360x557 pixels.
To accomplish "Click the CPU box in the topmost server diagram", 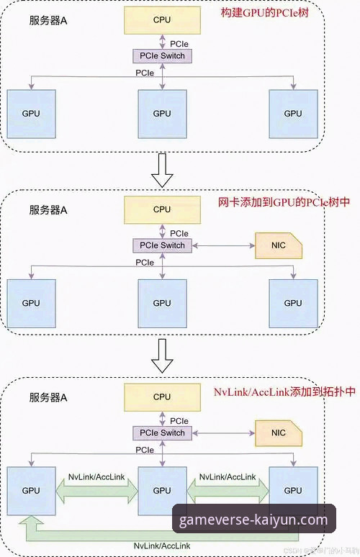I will click(x=162, y=21).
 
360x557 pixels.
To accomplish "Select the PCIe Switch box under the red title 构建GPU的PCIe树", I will click(x=162, y=55).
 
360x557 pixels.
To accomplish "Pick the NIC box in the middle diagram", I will click(x=279, y=245).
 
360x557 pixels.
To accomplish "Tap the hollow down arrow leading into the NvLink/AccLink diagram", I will click(x=165, y=358).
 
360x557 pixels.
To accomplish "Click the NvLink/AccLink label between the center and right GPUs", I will click(x=228, y=477).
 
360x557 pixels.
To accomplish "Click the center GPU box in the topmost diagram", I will click(x=162, y=114).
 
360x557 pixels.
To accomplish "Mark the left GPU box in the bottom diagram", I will click(x=30, y=490).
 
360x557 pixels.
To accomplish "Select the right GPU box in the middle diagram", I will click(x=292, y=303).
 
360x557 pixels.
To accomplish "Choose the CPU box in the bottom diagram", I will click(x=162, y=397).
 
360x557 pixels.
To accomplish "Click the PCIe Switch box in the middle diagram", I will click(x=162, y=245).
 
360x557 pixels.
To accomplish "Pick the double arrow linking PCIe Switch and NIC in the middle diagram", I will click(x=224, y=245).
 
